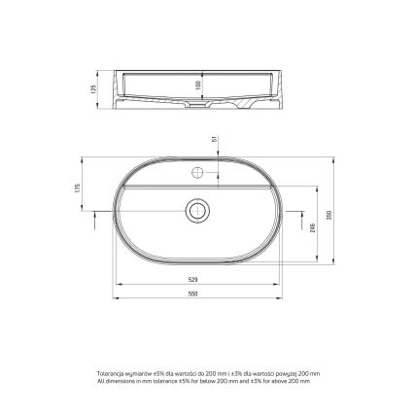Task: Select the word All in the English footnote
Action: [100, 382]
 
